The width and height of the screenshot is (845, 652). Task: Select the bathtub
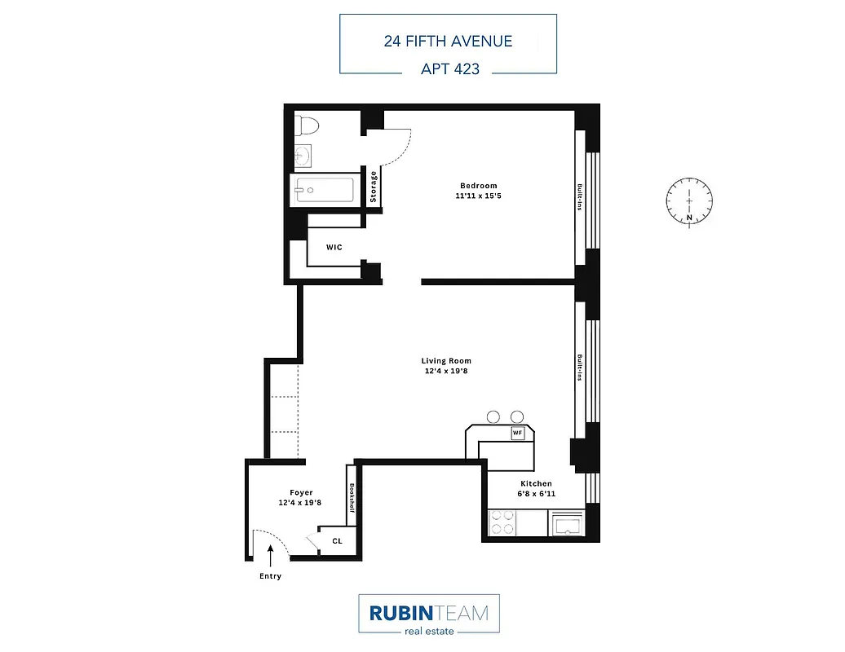(324, 191)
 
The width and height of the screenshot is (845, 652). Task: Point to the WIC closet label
(334, 246)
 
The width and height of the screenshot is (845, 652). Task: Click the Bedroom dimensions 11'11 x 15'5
(478, 196)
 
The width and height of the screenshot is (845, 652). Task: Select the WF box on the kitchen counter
(517, 433)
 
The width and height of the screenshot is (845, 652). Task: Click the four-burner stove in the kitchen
(503, 522)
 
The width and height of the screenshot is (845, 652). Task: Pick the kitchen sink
(566, 524)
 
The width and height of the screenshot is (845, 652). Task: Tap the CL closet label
(338, 541)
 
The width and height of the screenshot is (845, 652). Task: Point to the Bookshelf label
(352, 500)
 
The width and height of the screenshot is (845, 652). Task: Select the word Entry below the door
(270, 576)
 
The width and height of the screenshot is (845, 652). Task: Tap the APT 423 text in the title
(449, 69)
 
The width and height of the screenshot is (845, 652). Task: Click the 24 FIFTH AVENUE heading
(448, 41)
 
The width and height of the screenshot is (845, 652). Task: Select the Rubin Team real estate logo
(428, 615)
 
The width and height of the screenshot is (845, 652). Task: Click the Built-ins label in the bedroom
(580, 196)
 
